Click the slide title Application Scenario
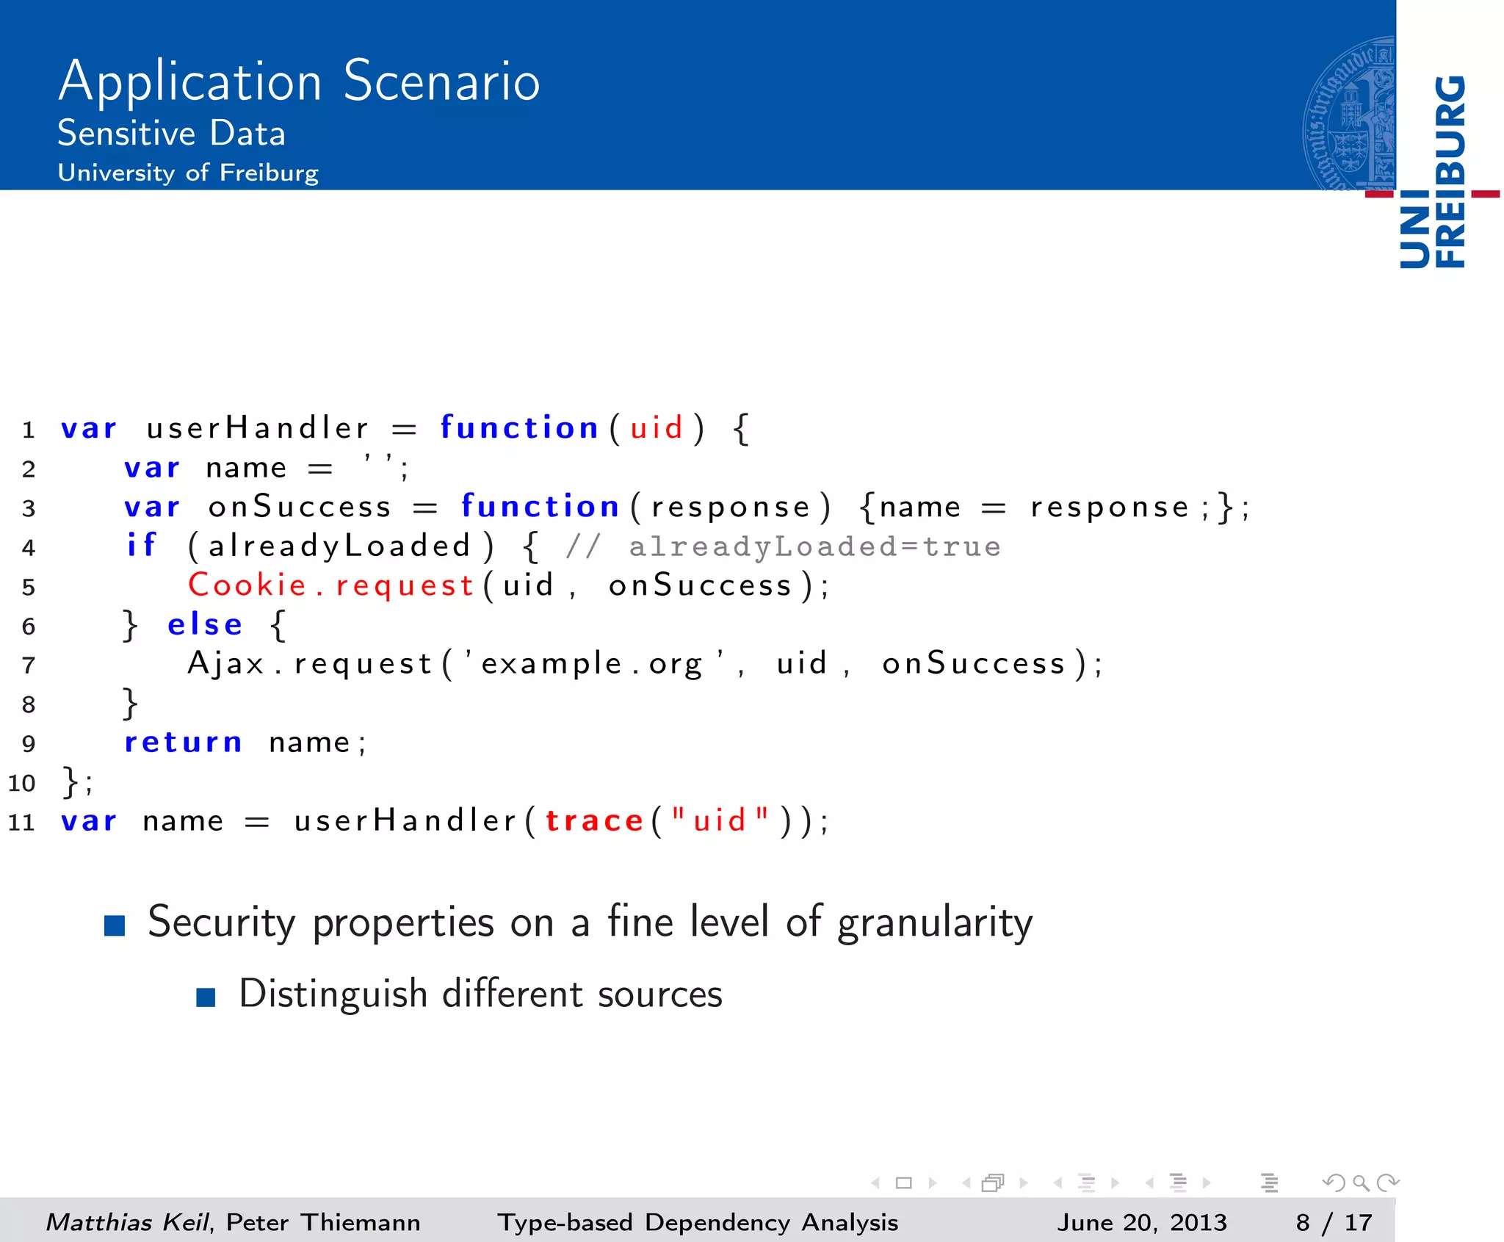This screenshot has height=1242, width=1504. [299, 81]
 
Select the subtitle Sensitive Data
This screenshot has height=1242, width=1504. [171, 134]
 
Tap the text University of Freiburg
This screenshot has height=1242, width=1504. [188, 173]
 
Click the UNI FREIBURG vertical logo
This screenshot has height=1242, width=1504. [1432, 173]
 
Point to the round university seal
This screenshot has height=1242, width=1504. [1350, 114]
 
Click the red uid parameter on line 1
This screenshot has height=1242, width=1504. [657, 428]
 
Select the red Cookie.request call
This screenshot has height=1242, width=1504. [330, 585]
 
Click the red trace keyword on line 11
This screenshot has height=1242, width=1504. [594, 820]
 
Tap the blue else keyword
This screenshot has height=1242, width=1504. [205, 625]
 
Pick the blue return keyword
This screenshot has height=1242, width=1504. [183, 743]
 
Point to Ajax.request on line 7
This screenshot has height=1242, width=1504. [309, 664]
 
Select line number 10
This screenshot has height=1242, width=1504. [22, 783]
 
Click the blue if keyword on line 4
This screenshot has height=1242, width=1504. [142, 546]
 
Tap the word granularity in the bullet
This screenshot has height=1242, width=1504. [934, 923]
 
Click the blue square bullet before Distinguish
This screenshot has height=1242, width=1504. [206, 997]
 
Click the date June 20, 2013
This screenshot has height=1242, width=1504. [1141, 1222]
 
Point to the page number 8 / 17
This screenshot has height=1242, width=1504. [1334, 1222]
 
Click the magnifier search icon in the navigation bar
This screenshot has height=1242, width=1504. [1360, 1183]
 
